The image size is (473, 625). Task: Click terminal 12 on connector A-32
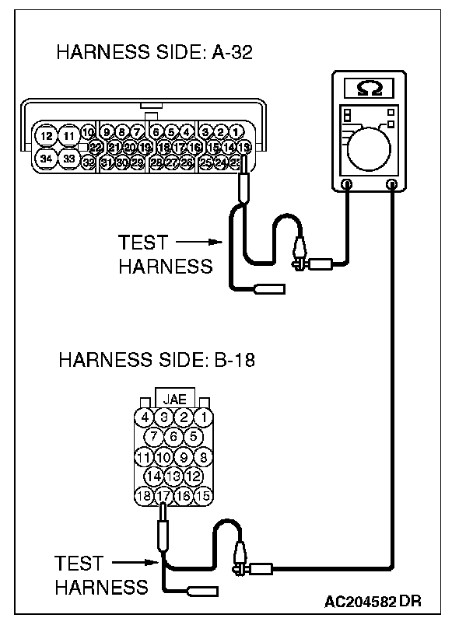pyautogui.click(x=47, y=137)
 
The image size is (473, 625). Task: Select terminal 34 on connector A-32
pyautogui.click(x=47, y=159)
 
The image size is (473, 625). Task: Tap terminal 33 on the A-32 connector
pyautogui.click(x=70, y=159)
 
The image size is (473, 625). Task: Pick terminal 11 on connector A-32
pyautogui.click(x=70, y=137)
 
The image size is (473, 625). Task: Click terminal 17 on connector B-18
pyautogui.click(x=163, y=495)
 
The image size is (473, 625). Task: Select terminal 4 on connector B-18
pyautogui.click(x=145, y=417)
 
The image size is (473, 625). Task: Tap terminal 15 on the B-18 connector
pyautogui.click(x=204, y=495)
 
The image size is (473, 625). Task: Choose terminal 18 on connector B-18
pyautogui.click(x=143, y=495)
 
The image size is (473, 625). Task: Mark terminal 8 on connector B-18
pyautogui.click(x=204, y=456)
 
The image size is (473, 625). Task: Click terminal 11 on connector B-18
pyautogui.click(x=143, y=456)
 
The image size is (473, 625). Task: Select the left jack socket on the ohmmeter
pyautogui.click(x=347, y=185)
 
